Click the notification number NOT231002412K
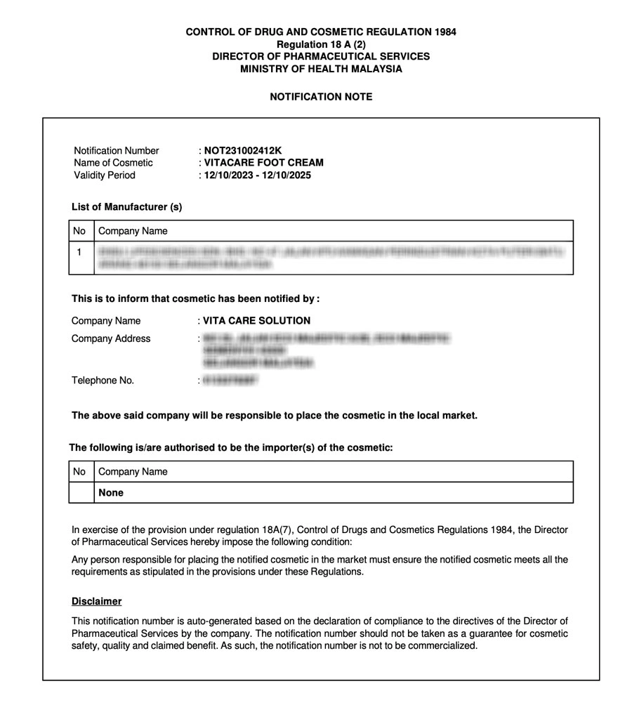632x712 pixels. [242, 150]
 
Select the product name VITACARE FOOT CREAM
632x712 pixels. [263, 163]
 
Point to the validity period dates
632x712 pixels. [257, 176]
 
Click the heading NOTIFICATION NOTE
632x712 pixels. [321, 97]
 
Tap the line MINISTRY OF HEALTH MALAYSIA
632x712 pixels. [321, 70]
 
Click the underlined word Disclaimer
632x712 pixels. [96, 602]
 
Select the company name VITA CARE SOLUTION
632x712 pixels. [256, 321]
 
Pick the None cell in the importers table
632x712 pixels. [111, 493]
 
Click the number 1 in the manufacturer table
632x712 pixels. [79, 251]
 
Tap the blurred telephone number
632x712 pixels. [230, 381]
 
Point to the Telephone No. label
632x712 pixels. [103, 381]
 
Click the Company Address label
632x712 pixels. [111, 338]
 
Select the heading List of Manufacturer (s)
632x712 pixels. [127, 207]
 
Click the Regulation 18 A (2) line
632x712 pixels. [321, 44]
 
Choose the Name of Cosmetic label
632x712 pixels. [113, 163]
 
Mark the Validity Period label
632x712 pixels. [105, 176]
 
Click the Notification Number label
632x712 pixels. [117, 150]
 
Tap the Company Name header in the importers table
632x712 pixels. [133, 472]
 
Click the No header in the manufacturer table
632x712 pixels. [79, 231]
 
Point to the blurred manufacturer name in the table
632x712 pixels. [330, 258]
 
